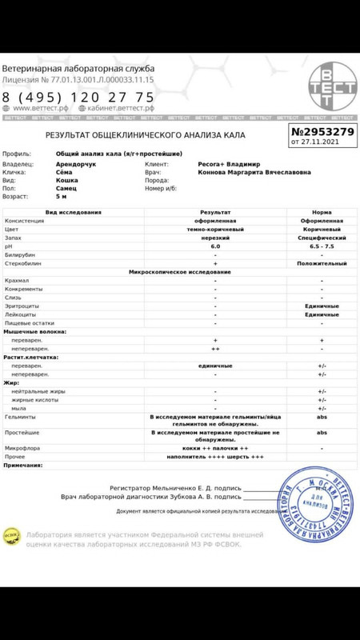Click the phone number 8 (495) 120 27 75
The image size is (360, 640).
pyautogui.click(x=78, y=97)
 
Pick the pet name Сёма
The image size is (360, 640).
pyautogui.click(x=63, y=172)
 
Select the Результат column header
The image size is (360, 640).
pyautogui.click(x=214, y=212)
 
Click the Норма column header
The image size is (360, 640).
pyautogui.click(x=322, y=212)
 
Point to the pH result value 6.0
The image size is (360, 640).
pyautogui.click(x=214, y=246)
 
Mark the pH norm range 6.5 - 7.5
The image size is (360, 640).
pyautogui.click(x=322, y=246)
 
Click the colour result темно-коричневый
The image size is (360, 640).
pyautogui.click(x=214, y=229)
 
